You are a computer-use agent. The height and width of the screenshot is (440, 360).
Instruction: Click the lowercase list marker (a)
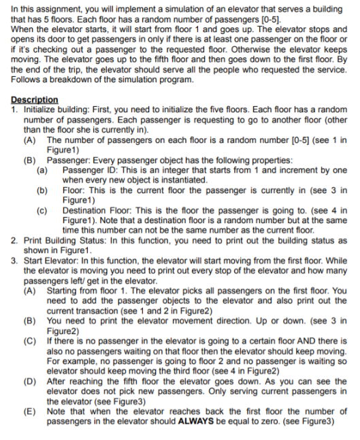pyautogui.click(x=42, y=170)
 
